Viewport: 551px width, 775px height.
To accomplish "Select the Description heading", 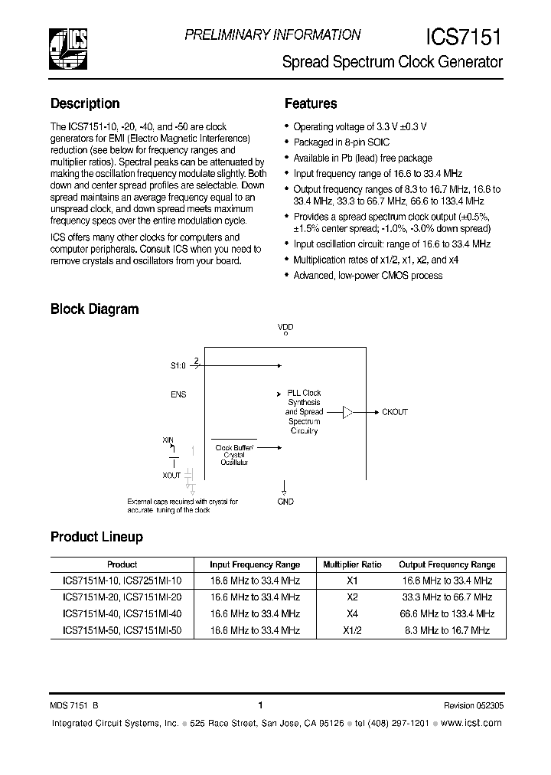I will [85, 103].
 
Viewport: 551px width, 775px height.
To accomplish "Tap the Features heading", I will [311, 103].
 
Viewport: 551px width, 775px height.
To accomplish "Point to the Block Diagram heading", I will [94, 309].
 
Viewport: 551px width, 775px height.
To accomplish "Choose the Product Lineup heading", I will [96, 537].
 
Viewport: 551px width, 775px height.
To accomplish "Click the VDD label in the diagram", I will [285, 327].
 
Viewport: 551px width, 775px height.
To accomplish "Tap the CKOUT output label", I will [394, 412].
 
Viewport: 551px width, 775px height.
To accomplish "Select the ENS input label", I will [178, 394].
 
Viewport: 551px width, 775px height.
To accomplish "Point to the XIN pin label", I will [168, 440].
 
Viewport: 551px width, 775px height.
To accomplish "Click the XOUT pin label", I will [172, 475].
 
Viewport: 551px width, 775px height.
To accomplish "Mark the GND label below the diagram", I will [285, 502].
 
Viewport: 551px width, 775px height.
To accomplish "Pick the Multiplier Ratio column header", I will [352, 564].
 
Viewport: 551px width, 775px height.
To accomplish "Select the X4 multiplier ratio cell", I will [352, 613].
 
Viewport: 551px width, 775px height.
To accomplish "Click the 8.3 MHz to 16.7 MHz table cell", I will [448, 630].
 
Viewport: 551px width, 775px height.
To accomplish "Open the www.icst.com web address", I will [471, 724].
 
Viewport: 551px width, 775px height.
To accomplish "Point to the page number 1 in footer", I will [261, 705].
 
